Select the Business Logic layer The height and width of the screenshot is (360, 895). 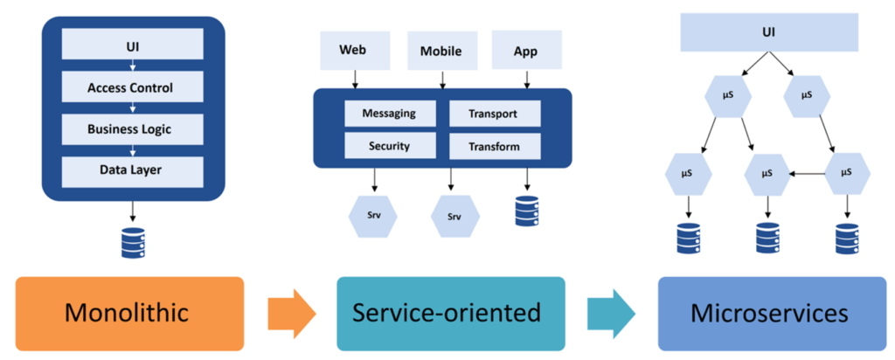pos(133,129)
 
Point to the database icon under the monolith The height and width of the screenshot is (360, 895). pos(133,242)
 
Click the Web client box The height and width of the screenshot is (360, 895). pos(355,50)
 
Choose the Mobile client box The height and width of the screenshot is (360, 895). pos(441,50)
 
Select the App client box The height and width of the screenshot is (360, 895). pos(526,50)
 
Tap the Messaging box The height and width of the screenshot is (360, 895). pos(390,114)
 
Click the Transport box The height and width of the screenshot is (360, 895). pos(495,114)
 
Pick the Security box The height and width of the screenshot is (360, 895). pos(390,146)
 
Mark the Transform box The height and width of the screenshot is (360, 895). pos(495,146)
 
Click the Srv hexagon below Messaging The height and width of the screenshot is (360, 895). pos(373,216)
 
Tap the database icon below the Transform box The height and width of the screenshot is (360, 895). pos(526,211)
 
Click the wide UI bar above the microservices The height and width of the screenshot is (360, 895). pos(769,32)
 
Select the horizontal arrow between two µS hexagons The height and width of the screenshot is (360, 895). pos(808,172)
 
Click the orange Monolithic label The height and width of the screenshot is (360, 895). pos(129,313)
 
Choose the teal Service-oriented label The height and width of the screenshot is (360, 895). pos(450,313)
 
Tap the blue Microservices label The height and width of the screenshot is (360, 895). pos(772,313)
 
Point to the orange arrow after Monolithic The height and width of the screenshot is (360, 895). pos(292,313)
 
